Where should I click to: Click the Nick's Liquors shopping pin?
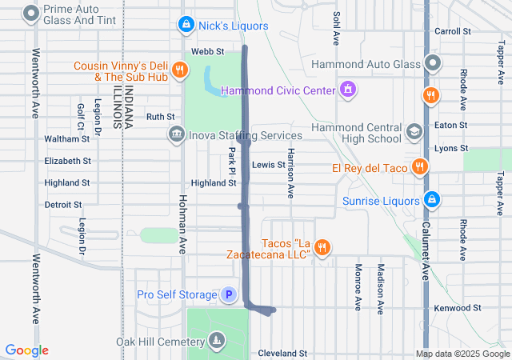(x=186, y=26)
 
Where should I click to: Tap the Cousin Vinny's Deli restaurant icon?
(x=180, y=70)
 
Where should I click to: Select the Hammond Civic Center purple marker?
(x=347, y=89)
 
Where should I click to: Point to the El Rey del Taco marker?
(x=418, y=166)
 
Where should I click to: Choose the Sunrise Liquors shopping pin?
(x=432, y=198)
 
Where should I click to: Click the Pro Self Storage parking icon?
(x=229, y=295)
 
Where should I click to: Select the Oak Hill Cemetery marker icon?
(x=215, y=342)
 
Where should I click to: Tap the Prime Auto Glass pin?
(x=31, y=13)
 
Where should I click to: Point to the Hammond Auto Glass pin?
(x=433, y=62)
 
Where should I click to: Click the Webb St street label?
(x=206, y=51)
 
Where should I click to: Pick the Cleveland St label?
(x=282, y=353)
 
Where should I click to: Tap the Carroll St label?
(x=452, y=31)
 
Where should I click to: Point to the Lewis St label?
(x=268, y=165)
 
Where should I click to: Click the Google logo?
(x=27, y=350)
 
